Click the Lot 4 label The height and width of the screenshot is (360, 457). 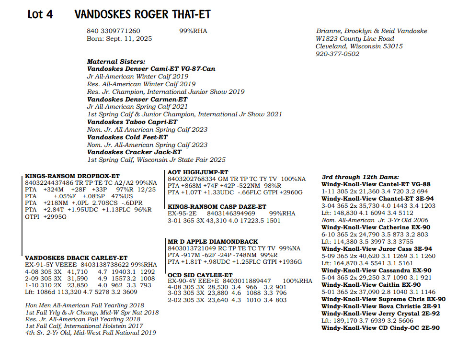(40, 14)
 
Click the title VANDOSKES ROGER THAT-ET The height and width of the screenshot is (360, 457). (142, 14)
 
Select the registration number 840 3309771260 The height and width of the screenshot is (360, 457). (114, 31)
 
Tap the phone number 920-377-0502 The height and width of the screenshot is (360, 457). (337, 54)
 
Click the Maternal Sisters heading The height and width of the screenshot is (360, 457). (116, 61)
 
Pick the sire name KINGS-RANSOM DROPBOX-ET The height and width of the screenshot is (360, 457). (72, 176)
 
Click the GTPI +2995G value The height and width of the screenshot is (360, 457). (46, 216)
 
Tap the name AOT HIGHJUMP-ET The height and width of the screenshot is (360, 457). (198, 172)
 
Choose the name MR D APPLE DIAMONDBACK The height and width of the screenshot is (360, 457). (213, 241)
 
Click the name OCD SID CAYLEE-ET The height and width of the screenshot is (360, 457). (200, 274)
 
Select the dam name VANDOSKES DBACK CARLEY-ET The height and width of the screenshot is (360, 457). (76, 258)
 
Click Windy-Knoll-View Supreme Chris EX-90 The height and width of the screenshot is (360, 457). (383, 299)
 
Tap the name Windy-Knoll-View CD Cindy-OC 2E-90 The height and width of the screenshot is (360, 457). (380, 328)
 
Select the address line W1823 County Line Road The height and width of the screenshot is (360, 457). (355, 39)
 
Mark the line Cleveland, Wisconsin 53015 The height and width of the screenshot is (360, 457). (359, 46)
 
